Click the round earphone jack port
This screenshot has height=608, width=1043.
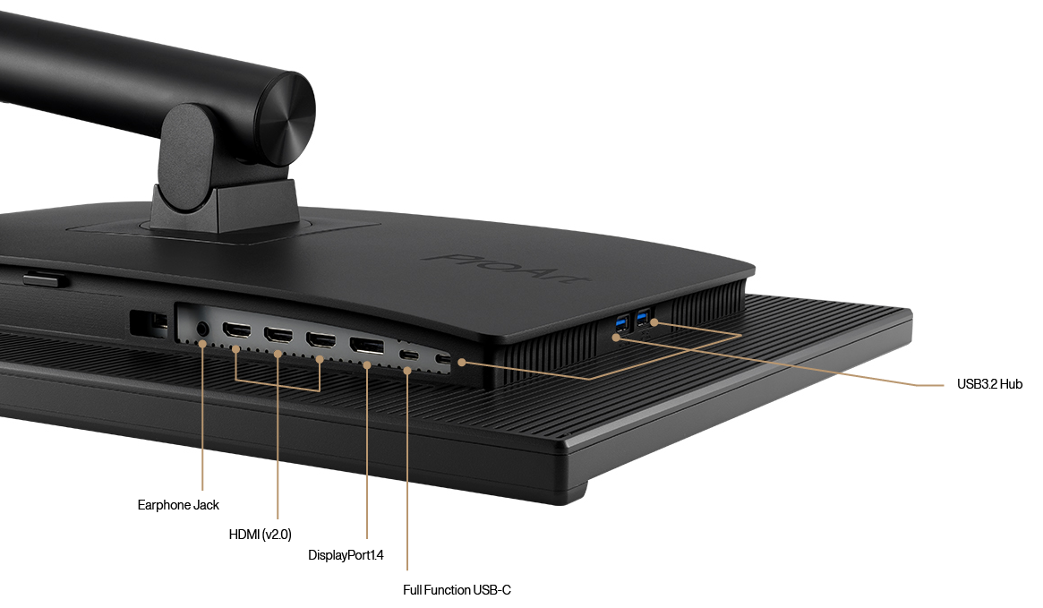pyautogui.click(x=202, y=329)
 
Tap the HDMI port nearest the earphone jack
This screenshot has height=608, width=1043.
pyautogui.click(x=236, y=331)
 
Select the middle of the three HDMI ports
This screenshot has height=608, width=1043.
pyautogui.click(x=278, y=337)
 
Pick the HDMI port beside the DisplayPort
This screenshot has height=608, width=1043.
pyautogui.click(x=321, y=341)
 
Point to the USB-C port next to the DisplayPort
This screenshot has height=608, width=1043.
pyautogui.click(x=408, y=355)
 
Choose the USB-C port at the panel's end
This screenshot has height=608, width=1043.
pyautogui.click(x=442, y=360)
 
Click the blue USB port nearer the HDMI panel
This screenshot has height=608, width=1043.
pyautogui.click(x=622, y=320)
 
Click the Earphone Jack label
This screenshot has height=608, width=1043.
pyautogui.click(x=178, y=505)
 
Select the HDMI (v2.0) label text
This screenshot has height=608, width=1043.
pyautogui.click(x=260, y=535)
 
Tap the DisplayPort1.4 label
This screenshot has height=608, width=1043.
pyautogui.click(x=346, y=555)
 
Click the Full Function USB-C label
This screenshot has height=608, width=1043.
pyautogui.click(x=457, y=590)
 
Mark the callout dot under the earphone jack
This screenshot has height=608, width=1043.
pyautogui.click(x=203, y=344)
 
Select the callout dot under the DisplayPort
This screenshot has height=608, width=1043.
pyautogui.click(x=367, y=365)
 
